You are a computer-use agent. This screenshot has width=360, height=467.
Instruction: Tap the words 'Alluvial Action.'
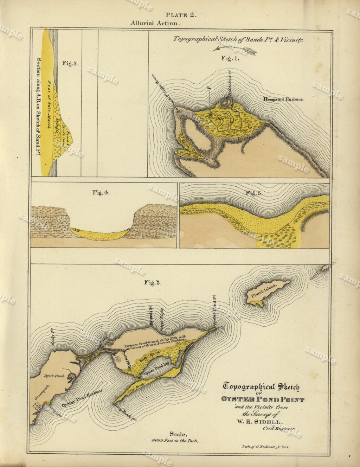[155, 24]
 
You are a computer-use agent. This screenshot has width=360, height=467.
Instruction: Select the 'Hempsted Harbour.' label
[283, 100]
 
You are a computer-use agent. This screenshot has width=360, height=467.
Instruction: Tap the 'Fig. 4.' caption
[101, 192]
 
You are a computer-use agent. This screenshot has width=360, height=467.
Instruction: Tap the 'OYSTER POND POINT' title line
[263, 399]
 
